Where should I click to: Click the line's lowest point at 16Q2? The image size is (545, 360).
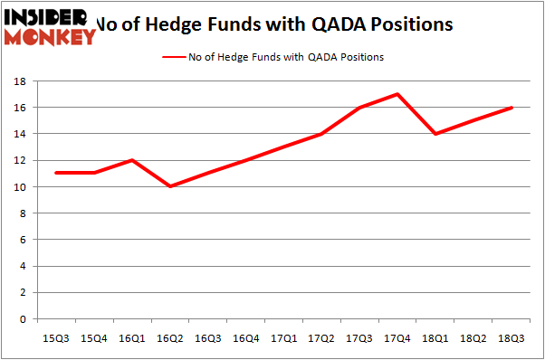(169, 186)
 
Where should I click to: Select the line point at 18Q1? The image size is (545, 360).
(435, 134)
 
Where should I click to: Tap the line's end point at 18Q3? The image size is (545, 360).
(512, 108)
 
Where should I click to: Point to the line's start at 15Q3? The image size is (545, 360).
(55, 173)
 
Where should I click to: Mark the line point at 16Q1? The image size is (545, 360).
(131, 160)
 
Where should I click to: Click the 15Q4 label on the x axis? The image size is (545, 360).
(93, 337)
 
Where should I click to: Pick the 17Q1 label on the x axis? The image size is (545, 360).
(283, 337)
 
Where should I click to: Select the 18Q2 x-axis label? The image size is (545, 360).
(473, 337)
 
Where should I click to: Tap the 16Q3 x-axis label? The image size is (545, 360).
(207, 337)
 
